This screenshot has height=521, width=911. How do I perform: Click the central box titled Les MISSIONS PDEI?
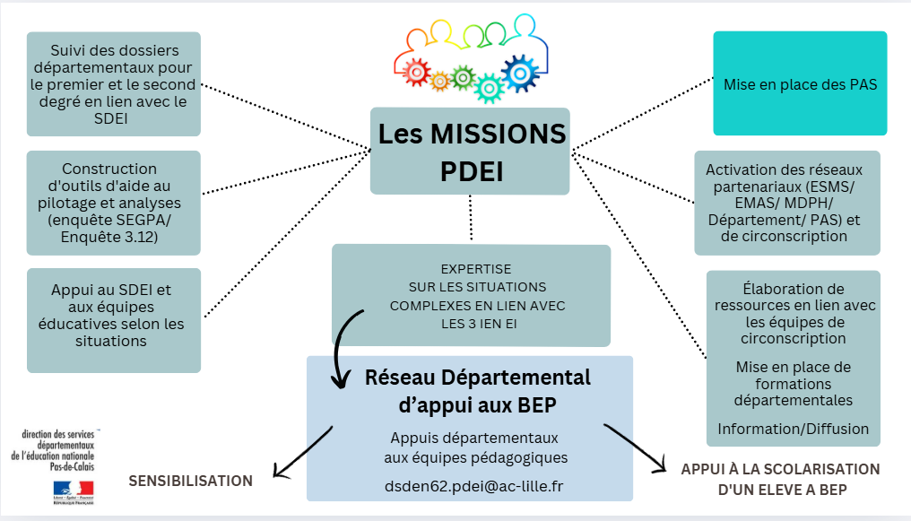pyautogui.click(x=471, y=151)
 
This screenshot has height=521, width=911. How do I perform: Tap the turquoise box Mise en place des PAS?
pyautogui.click(x=800, y=84)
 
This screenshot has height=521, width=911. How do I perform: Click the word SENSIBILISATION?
pyautogui.click(x=191, y=481)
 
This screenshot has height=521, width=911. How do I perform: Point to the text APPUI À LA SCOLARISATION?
pyautogui.click(x=780, y=469)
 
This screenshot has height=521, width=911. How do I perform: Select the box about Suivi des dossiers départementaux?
pyautogui.click(x=114, y=83)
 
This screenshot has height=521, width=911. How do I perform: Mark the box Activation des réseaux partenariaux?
pyautogui.click(x=787, y=203)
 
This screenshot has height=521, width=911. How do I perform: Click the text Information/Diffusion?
pyautogui.click(x=794, y=429)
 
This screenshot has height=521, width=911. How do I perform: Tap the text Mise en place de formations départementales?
pyautogui.click(x=794, y=383)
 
